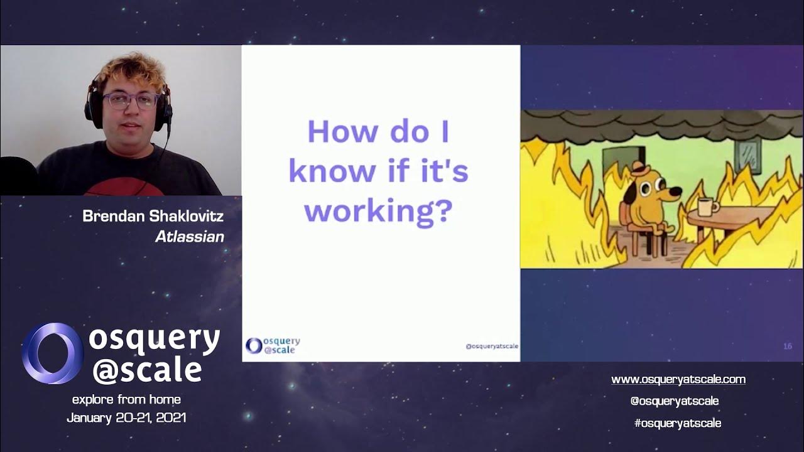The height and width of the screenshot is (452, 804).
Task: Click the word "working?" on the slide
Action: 378,212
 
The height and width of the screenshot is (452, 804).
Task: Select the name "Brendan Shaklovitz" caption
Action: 153,217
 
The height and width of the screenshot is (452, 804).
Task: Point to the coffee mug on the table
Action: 708,207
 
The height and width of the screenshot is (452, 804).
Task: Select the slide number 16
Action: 787,346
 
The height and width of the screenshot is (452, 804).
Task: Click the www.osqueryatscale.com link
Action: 678,379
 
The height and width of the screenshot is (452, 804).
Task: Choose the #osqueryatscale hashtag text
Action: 677,423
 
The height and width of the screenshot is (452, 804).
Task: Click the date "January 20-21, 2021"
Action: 126,417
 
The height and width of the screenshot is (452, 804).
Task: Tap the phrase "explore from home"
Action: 126,399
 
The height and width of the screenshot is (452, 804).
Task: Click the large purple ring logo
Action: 52,353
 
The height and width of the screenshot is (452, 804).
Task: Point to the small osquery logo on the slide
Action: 254,345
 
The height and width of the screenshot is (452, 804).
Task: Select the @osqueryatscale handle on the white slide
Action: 491,347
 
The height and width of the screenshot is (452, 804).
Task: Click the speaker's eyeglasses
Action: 131,100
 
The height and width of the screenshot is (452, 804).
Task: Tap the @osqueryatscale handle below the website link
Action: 674,401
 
